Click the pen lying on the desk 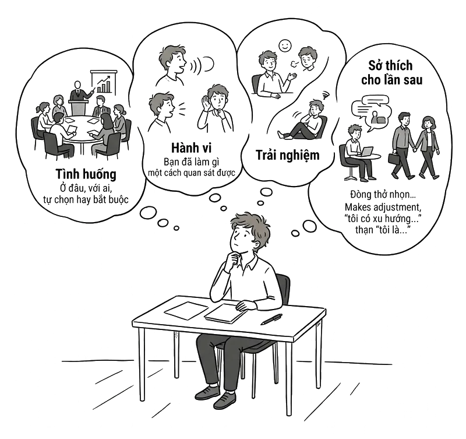click(x=271, y=319)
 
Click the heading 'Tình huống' click(x=86, y=174)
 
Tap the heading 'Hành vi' click(x=192, y=148)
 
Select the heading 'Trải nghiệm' click(x=287, y=155)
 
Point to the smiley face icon click(x=285, y=45)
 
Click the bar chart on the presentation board click(x=104, y=85)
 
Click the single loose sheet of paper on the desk click(x=186, y=311)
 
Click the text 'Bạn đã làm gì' click(x=192, y=161)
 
